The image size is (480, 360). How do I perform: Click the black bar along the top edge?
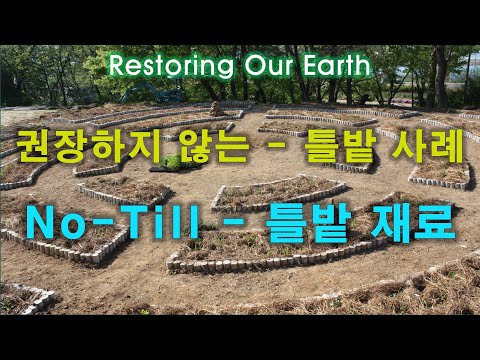pyautogui.click(x=240, y=20)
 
